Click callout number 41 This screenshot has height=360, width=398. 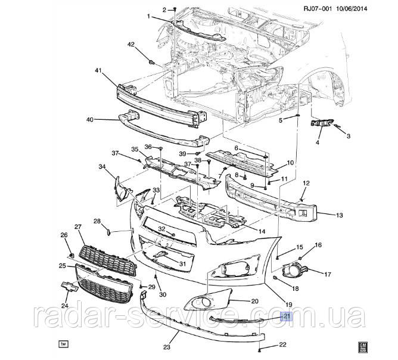pyautogui.click(x=99, y=70)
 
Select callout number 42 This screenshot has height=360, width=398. pyautogui.click(x=131, y=44)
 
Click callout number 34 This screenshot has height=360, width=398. pyautogui.click(x=102, y=167)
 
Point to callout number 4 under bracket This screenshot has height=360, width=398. pyautogui.click(x=318, y=142)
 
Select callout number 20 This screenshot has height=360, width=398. pyautogui.click(x=254, y=302)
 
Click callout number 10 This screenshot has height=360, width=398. pyautogui.click(x=290, y=162)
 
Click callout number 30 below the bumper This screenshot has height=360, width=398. pyautogui.click(x=160, y=294)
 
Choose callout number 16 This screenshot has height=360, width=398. pyautogui.click(x=318, y=245)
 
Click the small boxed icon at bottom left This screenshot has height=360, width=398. pyautogui.click(x=61, y=344)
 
